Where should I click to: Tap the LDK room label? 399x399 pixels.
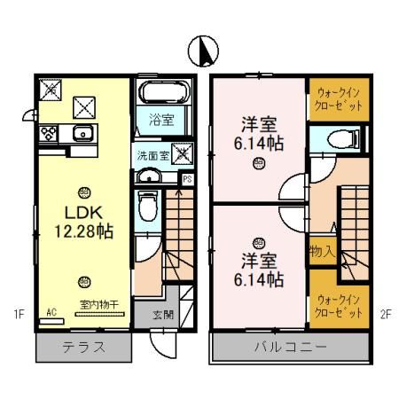[82, 214]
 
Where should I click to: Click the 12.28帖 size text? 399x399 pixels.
[82, 231]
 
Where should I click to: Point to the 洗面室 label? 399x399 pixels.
[152, 154]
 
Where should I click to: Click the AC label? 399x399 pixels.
[51, 311]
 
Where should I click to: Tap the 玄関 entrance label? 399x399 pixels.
[163, 315]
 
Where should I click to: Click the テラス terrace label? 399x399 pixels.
[82, 347]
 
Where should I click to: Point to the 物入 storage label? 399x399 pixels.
[321, 252]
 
